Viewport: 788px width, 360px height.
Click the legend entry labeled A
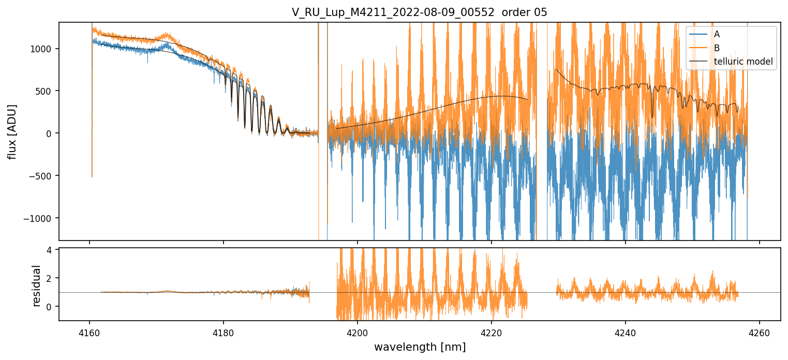(717, 34)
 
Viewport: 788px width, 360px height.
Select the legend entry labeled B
(717, 48)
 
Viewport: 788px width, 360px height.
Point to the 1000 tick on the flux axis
(44, 49)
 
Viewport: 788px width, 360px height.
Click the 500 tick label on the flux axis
(47, 91)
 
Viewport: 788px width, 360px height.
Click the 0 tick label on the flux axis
(51, 133)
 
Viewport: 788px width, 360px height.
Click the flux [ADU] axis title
(12, 131)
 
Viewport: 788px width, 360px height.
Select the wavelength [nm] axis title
(420, 347)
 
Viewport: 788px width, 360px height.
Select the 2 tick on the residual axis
(51, 278)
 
